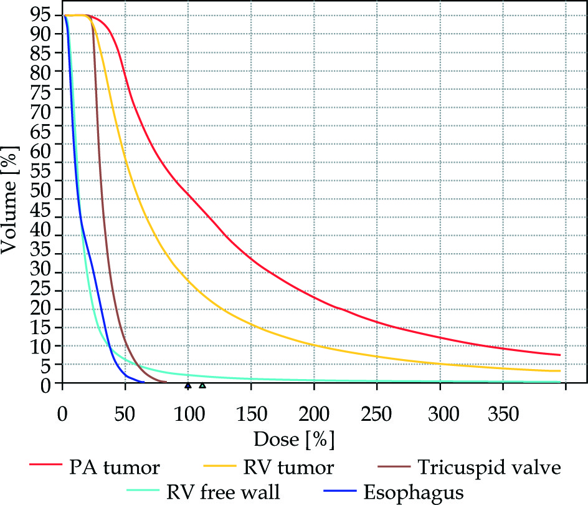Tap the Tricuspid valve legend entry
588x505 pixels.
point(489,467)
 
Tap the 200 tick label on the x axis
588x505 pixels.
point(313,414)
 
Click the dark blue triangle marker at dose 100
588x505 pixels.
point(187,386)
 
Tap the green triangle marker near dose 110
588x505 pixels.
point(202,386)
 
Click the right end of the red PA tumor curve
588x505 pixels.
point(560,355)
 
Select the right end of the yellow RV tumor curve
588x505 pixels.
point(560,371)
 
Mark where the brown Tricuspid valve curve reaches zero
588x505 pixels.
point(166,382)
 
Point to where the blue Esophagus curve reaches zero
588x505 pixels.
point(143,382)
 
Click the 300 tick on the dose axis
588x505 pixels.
point(440,414)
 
